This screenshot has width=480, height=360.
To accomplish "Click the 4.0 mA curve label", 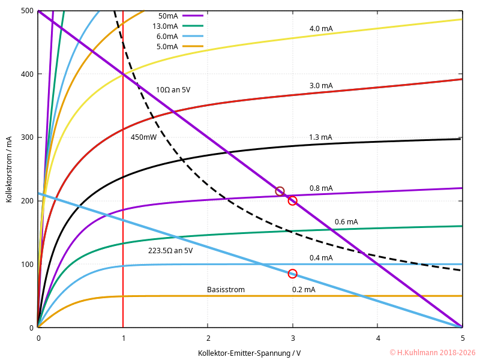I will (x=321, y=28).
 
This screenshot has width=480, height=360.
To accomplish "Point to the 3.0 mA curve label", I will (x=321, y=86).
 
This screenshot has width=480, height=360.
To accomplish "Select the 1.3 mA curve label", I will (x=320, y=137).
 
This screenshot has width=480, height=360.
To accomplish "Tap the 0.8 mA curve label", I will (x=321, y=188).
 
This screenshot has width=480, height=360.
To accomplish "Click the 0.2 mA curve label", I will (x=304, y=290).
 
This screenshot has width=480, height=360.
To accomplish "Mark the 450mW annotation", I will (x=143, y=137).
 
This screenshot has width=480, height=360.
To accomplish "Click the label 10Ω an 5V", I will (x=173, y=90).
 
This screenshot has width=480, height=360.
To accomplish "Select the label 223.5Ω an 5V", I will (x=170, y=251).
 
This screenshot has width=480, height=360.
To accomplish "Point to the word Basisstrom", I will (x=226, y=290).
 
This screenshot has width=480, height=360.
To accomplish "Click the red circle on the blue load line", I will (x=292, y=274).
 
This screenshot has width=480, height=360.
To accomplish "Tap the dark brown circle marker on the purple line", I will (x=280, y=191).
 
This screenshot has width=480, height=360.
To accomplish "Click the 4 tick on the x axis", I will (x=377, y=338).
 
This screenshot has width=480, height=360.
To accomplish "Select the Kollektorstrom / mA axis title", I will (x=10, y=170).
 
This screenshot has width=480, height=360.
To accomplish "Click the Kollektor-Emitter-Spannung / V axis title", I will (x=250, y=353).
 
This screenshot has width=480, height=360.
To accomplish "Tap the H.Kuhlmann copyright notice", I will (x=432, y=353).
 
